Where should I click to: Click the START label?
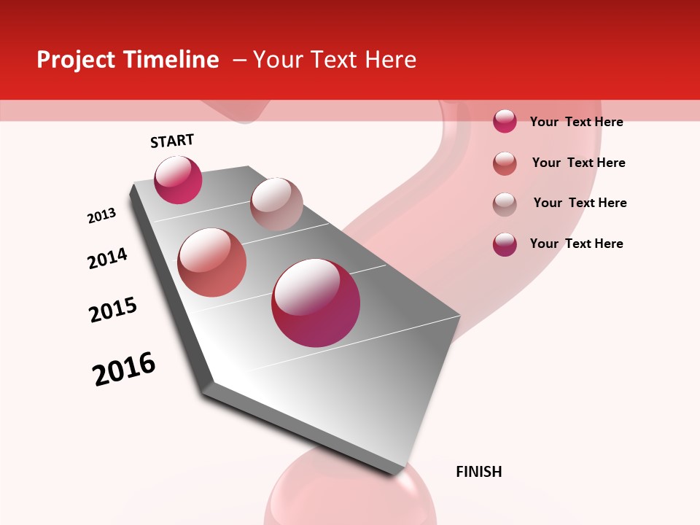click(x=172, y=141)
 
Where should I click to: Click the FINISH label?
click(x=478, y=472)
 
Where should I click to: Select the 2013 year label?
click(x=101, y=216)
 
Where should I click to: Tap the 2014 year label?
click(x=107, y=258)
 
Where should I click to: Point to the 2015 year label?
click(x=112, y=310)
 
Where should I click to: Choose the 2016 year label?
click(x=124, y=369)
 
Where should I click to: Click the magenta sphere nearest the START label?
click(x=178, y=179)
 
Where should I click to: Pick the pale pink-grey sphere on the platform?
click(x=276, y=203)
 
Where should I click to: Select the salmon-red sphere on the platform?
click(x=211, y=262)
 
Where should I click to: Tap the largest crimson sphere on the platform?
click(x=316, y=303)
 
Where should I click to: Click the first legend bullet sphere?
click(x=505, y=121)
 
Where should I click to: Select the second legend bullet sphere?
click(x=505, y=163)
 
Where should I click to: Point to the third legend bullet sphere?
click(x=505, y=203)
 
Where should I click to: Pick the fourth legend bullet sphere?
click(x=505, y=244)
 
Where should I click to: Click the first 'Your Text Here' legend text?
click(x=576, y=122)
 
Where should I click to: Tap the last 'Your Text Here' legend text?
click(x=576, y=244)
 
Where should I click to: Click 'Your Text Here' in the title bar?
click(x=335, y=60)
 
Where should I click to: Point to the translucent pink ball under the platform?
click(x=350, y=496)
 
